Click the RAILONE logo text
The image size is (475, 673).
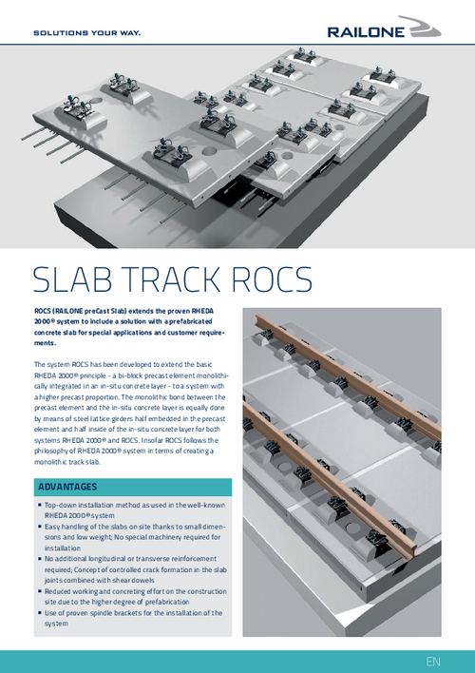pyautogui.click(x=366, y=32)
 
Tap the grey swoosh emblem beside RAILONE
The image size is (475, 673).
pyautogui.click(x=422, y=27)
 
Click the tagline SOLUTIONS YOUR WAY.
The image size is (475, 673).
pyautogui.click(x=87, y=32)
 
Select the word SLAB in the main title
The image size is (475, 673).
pyautogui.click(x=71, y=279)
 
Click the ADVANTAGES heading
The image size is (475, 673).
pyautogui.click(x=67, y=487)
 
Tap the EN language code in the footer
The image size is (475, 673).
pyautogui.click(x=433, y=661)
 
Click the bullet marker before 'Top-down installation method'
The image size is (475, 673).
pyautogui.click(x=40, y=505)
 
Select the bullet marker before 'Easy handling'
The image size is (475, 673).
pyautogui.click(x=40, y=527)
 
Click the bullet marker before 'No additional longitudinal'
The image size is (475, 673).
pyautogui.click(x=40, y=559)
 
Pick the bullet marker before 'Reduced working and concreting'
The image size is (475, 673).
pyautogui.click(x=40, y=591)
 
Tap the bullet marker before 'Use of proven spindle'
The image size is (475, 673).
pyautogui.click(x=40, y=613)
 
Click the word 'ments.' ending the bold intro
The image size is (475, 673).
pyautogui.click(x=45, y=343)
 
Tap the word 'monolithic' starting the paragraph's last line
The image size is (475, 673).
pyautogui.click(x=49, y=462)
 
